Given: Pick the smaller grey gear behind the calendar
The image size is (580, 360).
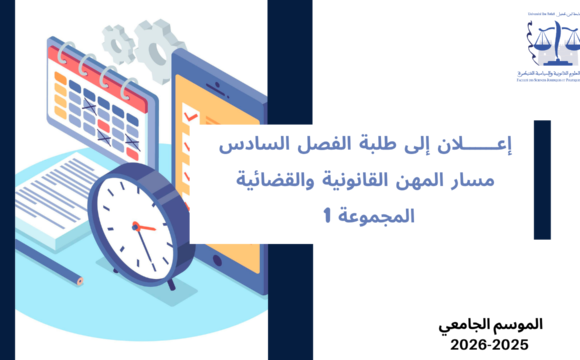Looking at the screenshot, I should pyautogui.click(x=120, y=44).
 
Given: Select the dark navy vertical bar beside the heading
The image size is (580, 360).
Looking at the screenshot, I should pyautogui.click(x=542, y=179).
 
